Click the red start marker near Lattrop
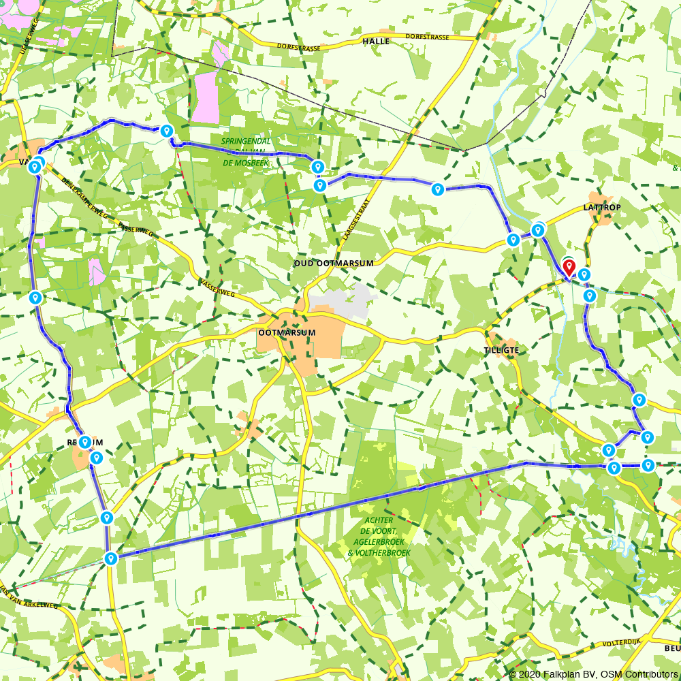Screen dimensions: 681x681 click(569, 266)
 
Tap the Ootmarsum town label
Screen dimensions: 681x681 click(287, 333)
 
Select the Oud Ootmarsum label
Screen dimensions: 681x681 click(333, 263)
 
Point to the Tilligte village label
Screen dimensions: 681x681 click(502, 350)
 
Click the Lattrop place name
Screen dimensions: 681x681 click(602, 206)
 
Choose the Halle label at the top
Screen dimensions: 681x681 click(376, 42)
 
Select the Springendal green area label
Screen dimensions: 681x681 click(245, 142)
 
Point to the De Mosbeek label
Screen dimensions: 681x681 click(244, 164)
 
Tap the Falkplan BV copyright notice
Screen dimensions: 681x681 click(592, 674)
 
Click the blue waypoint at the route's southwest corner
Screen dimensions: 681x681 click(110, 558)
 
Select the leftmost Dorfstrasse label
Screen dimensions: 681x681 click(298, 47)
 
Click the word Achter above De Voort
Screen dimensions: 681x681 click(379, 520)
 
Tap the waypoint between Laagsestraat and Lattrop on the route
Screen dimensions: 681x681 click(438, 189)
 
